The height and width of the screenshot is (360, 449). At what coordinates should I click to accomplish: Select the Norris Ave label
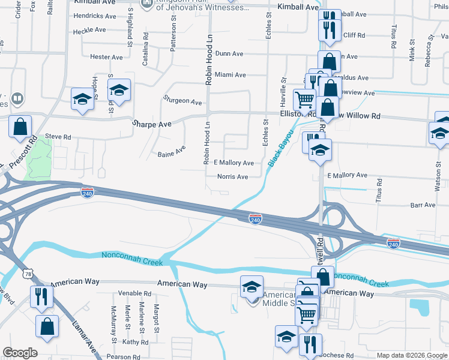[234, 177]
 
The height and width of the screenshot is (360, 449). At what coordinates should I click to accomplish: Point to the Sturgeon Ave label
[182, 101]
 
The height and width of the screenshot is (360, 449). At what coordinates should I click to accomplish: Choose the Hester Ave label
[106, 57]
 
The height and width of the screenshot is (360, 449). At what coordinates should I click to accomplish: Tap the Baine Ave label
[171, 154]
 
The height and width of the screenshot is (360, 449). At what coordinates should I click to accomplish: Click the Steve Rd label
[58, 137]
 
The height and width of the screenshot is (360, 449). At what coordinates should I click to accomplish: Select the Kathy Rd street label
[135, 342]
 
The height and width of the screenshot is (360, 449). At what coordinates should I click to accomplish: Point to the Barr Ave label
[423, 205]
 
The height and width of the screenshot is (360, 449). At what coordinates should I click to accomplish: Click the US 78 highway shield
[29, 274]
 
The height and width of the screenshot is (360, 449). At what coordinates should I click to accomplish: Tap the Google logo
[20, 353]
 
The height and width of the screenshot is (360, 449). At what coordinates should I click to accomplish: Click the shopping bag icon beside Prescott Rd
[20, 126]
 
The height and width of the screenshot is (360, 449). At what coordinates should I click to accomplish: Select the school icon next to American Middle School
[252, 286]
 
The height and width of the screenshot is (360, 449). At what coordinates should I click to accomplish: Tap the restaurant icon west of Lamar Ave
[41, 295]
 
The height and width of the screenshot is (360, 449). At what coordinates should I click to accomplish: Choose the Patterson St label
[173, 37]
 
